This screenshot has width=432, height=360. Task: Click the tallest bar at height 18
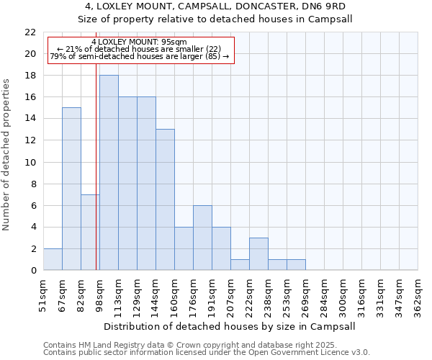click(109, 173)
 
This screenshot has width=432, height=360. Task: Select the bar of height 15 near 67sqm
click(71, 189)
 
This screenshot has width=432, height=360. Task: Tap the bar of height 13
click(165, 199)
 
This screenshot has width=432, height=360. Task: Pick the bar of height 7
click(90, 232)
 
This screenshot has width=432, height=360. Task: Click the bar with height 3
click(258, 253)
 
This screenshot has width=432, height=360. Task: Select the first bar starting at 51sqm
click(53, 259)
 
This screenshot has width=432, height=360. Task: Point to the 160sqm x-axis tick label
click(175, 292)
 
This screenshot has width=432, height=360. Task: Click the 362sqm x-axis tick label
click(418, 292)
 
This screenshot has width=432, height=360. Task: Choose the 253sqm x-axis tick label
click(287, 292)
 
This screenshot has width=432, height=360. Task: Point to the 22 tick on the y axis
click(30, 32)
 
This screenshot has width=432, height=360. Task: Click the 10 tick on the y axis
click(30, 162)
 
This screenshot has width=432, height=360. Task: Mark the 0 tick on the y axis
click(33, 270)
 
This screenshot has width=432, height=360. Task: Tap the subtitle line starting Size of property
click(216, 19)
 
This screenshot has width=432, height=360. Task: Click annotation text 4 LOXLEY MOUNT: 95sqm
click(140, 42)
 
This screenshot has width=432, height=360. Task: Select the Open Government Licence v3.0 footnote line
click(207, 353)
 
